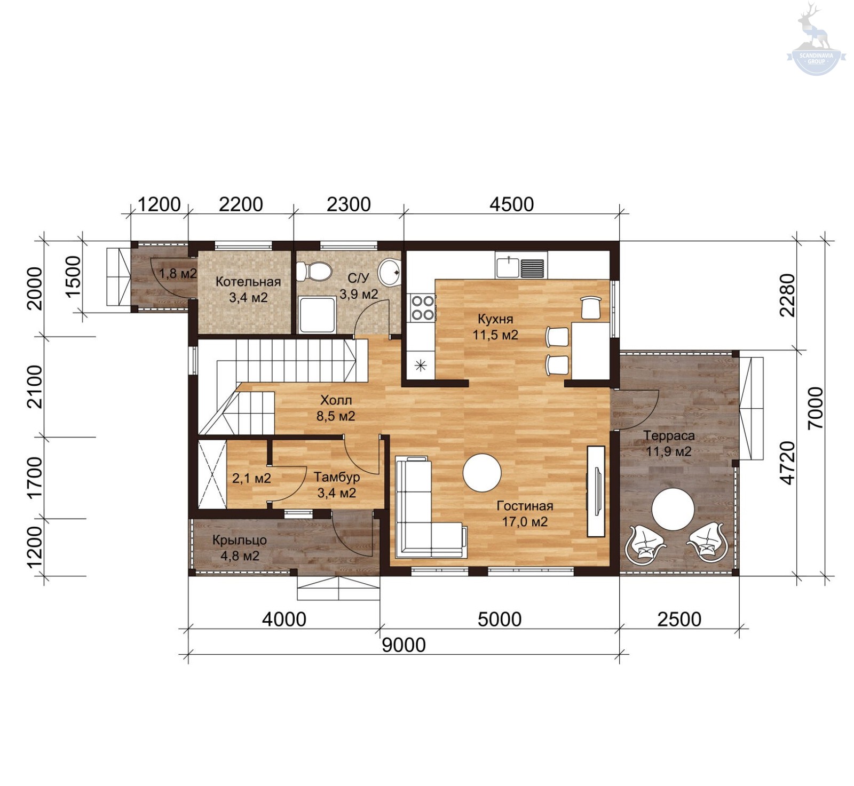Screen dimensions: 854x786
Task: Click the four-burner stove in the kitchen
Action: (x=422, y=308)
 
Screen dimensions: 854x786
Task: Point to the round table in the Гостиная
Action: (x=482, y=472)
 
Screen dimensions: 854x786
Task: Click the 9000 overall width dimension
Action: (x=404, y=645)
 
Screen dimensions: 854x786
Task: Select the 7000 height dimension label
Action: (x=816, y=408)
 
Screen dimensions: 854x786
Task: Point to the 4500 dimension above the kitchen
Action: (x=511, y=204)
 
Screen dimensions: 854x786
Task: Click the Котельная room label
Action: (x=248, y=282)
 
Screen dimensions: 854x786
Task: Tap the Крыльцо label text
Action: (x=239, y=540)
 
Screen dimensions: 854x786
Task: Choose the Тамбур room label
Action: (x=336, y=477)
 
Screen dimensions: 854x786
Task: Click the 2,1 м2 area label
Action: (x=251, y=478)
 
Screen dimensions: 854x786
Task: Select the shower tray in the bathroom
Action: (x=317, y=315)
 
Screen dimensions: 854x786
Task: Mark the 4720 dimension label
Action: (x=787, y=463)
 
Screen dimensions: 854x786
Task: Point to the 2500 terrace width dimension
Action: (x=679, y=619)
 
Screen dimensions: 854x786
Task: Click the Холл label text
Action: (x=336, y=400)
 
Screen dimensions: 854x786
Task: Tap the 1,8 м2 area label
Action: (x=178, y=274)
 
